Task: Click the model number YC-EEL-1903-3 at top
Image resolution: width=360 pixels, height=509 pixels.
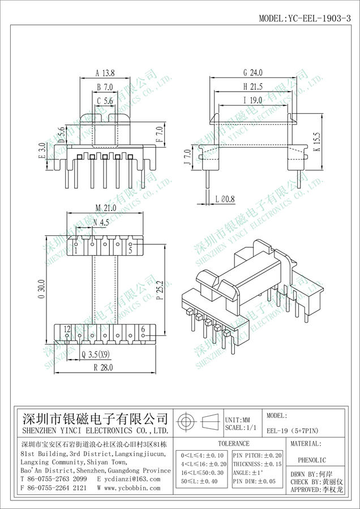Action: click(x=318, y=18)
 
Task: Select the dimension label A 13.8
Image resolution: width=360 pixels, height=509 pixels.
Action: click(x=105, y=73)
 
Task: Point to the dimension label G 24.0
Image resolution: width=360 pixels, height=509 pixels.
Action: click(x=253, y=72)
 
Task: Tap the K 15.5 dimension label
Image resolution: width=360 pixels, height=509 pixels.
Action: click(x=318, y=142)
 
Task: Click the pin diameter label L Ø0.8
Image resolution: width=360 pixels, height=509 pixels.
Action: click(x=225, y=199)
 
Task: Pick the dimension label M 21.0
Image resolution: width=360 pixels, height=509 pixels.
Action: click(x=106, y=208)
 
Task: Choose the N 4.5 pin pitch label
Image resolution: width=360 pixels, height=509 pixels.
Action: click(x=101, y=222)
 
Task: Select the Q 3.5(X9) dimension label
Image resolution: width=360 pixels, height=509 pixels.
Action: click(x=96, y=354)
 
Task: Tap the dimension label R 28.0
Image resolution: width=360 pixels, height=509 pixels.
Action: click(x=104, y=368)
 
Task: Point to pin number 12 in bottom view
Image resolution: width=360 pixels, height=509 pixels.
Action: click(x=67, y=329)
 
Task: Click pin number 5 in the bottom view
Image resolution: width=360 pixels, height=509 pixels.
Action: click(x=130, y=251)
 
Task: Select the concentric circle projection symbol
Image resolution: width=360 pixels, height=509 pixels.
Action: click(x=186, y=422)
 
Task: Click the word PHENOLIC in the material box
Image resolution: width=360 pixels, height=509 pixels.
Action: click(x=312, y=460)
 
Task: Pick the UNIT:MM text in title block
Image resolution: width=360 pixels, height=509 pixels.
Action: click(x=238, y=420)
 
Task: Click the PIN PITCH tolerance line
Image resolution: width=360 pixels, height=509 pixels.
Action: click(x=258, y=456)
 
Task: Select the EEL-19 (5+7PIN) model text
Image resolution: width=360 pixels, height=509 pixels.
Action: click(x=293, y=431)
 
